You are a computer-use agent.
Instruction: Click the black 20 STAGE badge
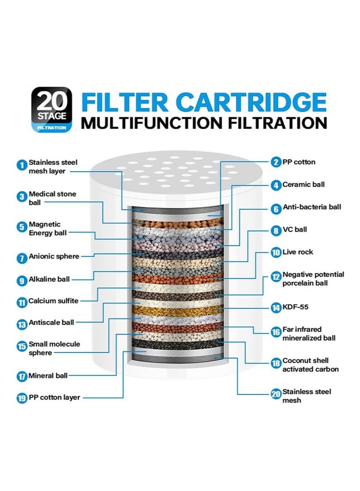[x=52, y=109]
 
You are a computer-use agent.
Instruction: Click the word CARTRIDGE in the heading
[x=251, y=102]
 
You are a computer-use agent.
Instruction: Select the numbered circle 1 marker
[x=22, y=165]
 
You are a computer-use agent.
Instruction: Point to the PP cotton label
[x=299, y=162]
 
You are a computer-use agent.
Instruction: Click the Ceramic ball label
[x=304, y=184]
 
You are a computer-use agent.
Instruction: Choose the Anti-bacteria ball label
[x=312, y=207]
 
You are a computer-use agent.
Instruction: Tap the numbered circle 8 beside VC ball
[x=276, y=231]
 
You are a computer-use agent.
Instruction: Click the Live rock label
[x=297, y=252]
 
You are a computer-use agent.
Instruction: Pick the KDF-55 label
[x=296, y=307]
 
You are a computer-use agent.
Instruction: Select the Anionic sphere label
[x=54, y=256]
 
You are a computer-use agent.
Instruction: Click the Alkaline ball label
[x=49, y=279]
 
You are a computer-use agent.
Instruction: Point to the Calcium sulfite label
[x=53, y=301]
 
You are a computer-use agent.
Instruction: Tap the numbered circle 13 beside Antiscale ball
[x=22, y=325]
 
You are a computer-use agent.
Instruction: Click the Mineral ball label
[x=48, y=375]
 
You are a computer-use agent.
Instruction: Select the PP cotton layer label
[x=54, y=397]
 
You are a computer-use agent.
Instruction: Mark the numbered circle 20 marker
[x=276, y=393]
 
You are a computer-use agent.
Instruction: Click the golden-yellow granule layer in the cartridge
[x=177, y=311]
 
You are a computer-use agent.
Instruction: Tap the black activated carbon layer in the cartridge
[x=177, y=344]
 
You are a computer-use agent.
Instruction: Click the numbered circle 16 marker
[x=276, y=332]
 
